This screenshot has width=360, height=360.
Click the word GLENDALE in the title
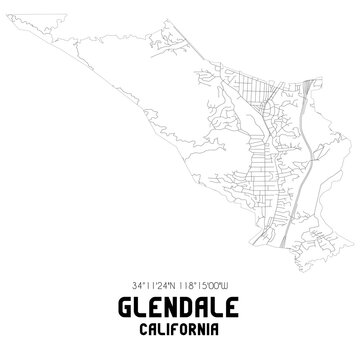180,305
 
